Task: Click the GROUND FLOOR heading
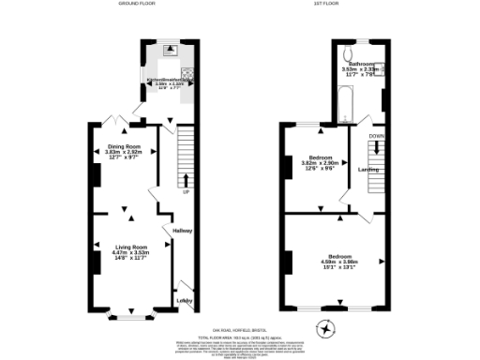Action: [137, 5]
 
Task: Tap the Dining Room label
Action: [124, 145]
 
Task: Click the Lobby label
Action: [185, 300]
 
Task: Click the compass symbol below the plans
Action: [325, 329]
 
